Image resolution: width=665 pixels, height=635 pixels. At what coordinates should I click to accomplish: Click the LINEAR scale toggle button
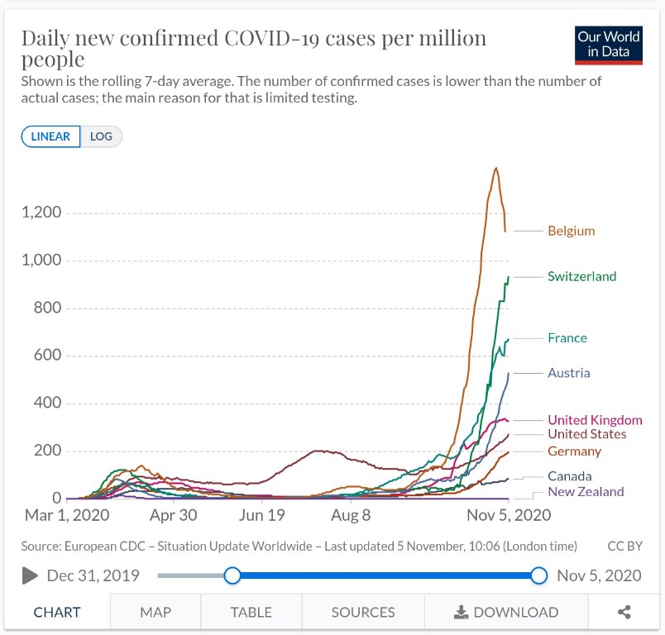(x=51, y=136)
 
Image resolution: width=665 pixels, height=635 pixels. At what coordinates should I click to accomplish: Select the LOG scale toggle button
(x=101, y=136)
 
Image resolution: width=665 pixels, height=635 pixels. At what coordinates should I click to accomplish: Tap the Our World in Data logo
(x=609, y=45)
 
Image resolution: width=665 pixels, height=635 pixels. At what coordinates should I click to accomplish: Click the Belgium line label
(x=571, y=232)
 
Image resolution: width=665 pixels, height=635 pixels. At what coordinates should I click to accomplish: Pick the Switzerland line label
(x=581, y=276)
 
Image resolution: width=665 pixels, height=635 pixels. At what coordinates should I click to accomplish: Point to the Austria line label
(x=568, y=373)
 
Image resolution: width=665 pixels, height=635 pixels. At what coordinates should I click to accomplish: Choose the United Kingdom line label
(x=594, y=420)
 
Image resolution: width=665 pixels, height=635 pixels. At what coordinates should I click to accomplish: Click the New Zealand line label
(x=586, y=492)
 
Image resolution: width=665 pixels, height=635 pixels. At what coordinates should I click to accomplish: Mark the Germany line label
(x=574, y=451)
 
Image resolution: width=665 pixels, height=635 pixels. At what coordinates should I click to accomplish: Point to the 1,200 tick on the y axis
(x=41, y=212)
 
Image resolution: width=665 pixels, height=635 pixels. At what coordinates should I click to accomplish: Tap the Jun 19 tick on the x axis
(x=261, y=514)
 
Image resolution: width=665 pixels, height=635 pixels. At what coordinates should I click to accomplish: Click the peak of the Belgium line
(x=495, y=169)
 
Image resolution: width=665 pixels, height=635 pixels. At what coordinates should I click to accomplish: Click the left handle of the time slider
(x=232, y=575)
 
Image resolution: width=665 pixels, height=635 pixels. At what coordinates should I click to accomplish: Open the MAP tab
(x=155, y=613)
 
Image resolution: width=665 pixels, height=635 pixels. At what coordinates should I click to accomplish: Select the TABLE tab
(x=251, y=613)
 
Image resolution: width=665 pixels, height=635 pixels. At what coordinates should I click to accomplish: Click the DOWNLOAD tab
(x=506, y=613)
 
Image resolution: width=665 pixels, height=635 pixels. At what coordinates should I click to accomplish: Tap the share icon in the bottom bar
(x=624, y=613)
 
